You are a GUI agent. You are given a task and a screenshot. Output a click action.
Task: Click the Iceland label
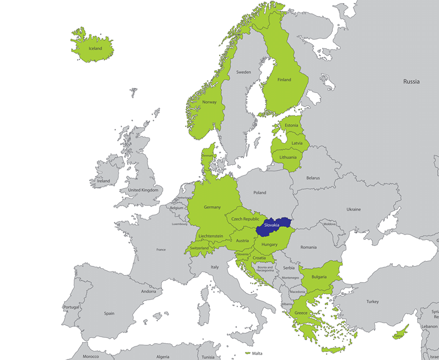pyautogui.click(x=95, y=48)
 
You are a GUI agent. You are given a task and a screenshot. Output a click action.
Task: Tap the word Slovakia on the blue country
pyautogui.click(x=271, y=225)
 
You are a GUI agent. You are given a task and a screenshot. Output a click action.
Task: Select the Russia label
pyautogui.click(x=411, y=82)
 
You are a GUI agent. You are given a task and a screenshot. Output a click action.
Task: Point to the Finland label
pyautogui.click(x=284, y=80)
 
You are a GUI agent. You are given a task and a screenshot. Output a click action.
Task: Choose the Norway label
pyautogui.click(x=209, y=102)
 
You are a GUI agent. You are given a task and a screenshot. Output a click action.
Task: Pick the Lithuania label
pyautogui.click(x=288, y=158)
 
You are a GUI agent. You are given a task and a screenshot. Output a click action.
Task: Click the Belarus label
pyautogui.click(x=313, y=178)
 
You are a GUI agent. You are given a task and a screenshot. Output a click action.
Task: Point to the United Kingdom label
pyautogui.click(x=143, y=190)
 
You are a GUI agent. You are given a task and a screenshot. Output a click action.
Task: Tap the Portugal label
pyautogui.click(x=71, y=307)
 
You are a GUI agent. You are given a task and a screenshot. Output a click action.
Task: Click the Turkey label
pyautogui.click(x=372, y=302)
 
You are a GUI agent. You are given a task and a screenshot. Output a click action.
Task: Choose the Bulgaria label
pyautogui.click(x=319, y=277)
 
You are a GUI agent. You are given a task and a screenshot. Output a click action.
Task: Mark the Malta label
pyautogui.click(x=257, y=353)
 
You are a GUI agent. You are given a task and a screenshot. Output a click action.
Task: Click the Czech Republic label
pyautogui.click(x=245, y=219)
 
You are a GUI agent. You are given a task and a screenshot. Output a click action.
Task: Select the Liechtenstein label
pyautogui.click(x=211, y=236)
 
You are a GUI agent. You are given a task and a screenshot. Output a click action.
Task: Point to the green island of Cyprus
pyautogui.click(x=401, y=331)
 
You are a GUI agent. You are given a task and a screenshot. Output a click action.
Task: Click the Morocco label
pyautogui.click(x=91, y=357)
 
